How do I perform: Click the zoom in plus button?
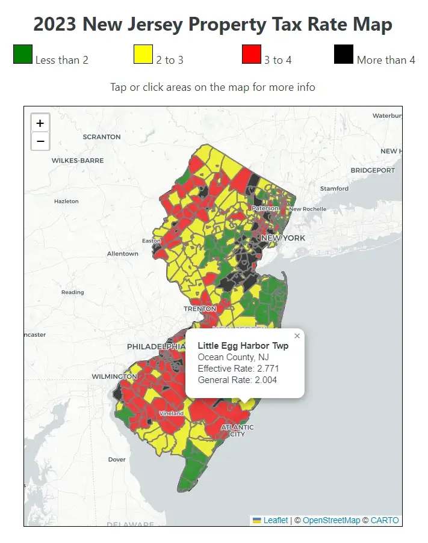pyautogui.click(x=40, y=123)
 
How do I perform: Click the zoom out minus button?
pyautogui.click(x=40, y=141)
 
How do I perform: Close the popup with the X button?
pyautogui.click(x=297, y=336)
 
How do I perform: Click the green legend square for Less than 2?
pyautogui.click(x=23, y=54)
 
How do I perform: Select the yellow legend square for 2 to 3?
pyautogui.click(x=143, y=54)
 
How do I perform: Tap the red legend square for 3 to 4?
pyautogui.click(x=251, y=54)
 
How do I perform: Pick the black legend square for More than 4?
pyautogui.click(x=344, y=54)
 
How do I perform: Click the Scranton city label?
pyautogui.click(x=102, y=137)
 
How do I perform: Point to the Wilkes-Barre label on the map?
pyautogui.click(x=78, y=161)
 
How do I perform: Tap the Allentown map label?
pyautogui.click(x=123, y=254)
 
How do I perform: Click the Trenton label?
pyautogui.click(x=199, y=308)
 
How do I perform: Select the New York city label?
pyautogui.click(x=283, y=238)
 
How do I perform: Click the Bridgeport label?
pyautogui.click(x=373, y=170)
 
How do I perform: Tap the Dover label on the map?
pyautogui.click(x=117, y=459)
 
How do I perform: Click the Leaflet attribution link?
pyautogui.click(x=276, y=520)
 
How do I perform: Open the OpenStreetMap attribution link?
pyautogui.click(x=331, y=520)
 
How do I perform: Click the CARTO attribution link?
pyautogui.click(x=384, y=520)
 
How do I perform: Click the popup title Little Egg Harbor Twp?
pyautogui.click(x=243, y=346)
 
